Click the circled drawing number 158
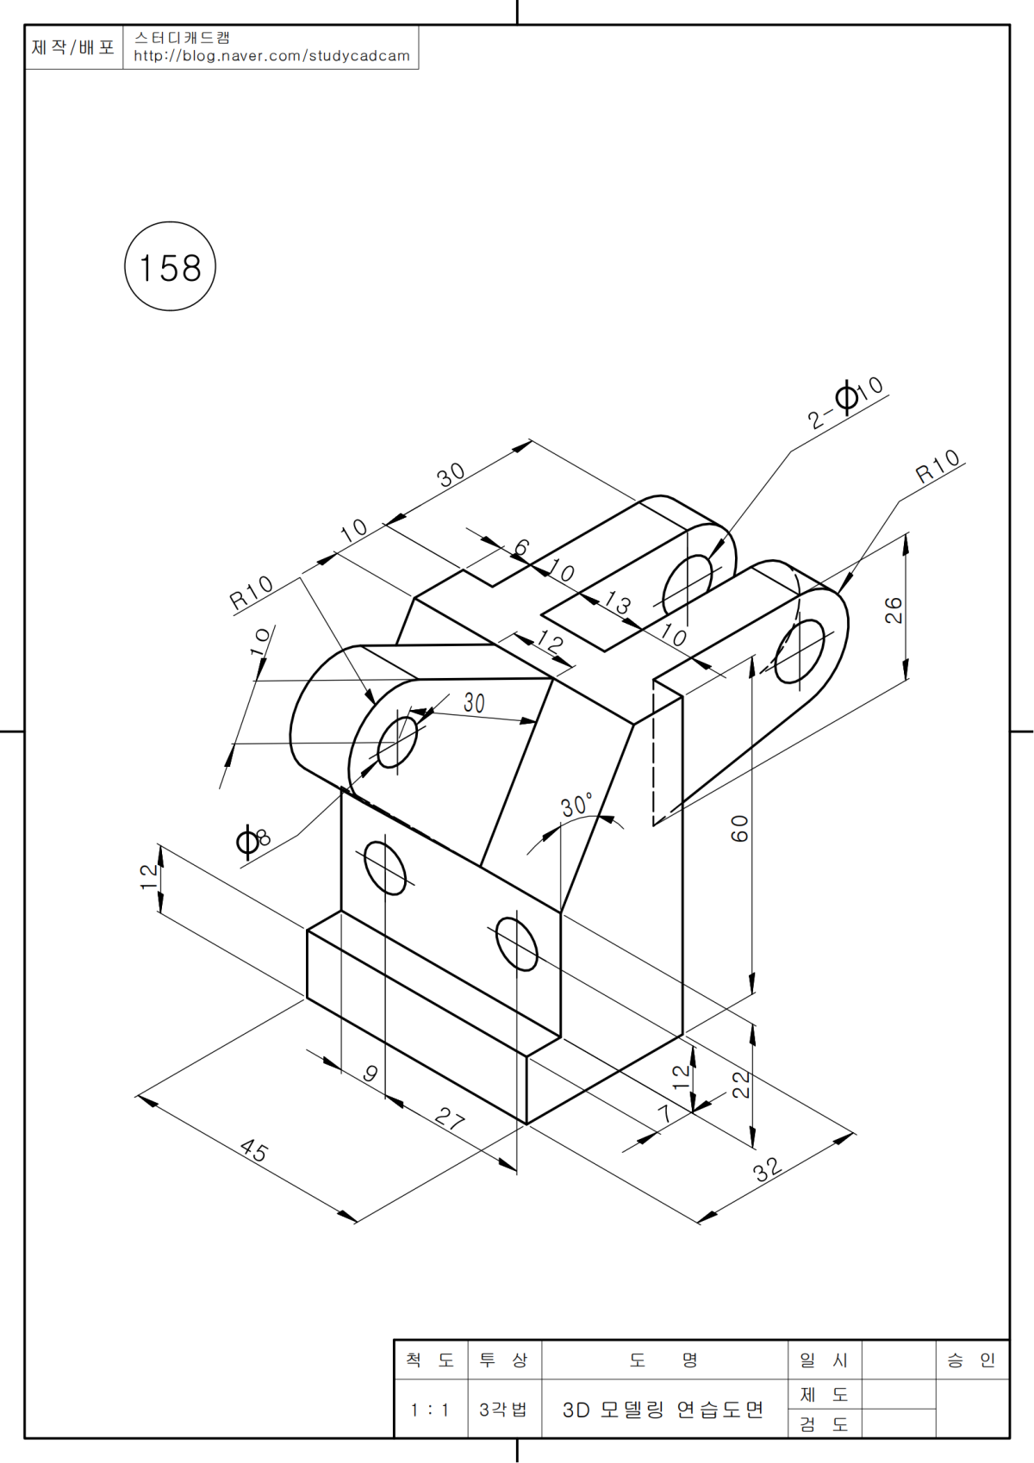(x=170, y=267)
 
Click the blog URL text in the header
(x=271, y=56)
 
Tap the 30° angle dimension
(x=576, y=806)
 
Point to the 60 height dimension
(x=739, y=828)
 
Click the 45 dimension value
(x=254, y=1150)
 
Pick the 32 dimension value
(x=766, y=1168)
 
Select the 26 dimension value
(x=894, y=609)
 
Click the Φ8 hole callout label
(x=252, y=840)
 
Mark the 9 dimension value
(x=371, y=1074)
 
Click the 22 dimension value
(x=741, y=1085)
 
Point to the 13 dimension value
(x=618, y=602)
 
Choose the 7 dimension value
(x=664, y=1113)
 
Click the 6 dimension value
(x=521, y=548)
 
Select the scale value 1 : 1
(x=430, y=1410)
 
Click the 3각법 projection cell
(x=503, y=1410)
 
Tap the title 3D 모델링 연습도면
(x=663, y=1410)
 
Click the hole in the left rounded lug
(x=396, y=740)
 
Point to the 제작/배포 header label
(x=73, y=47)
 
